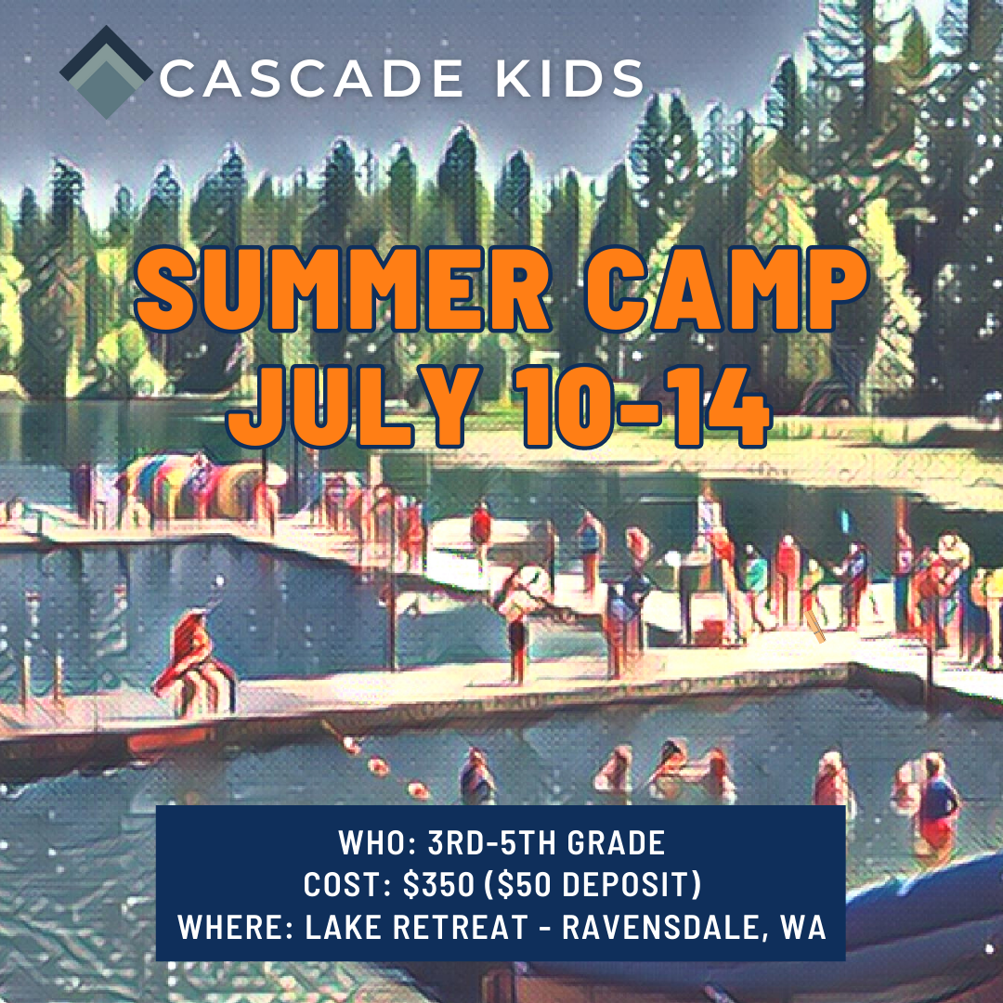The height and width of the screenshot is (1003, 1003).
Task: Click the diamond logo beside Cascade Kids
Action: pyautogui.click(x=105, y=73)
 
